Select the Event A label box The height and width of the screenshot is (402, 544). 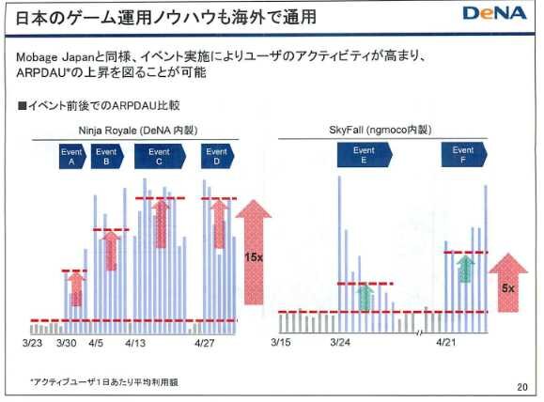tap(70, 156)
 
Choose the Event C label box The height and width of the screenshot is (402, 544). tap(159, 156)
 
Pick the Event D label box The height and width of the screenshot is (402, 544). tap(216, 156)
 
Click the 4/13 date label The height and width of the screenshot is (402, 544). tap(137, 344)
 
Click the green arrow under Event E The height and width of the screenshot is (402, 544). tap(365, 298)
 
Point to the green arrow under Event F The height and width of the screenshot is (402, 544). tap(463, 269)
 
